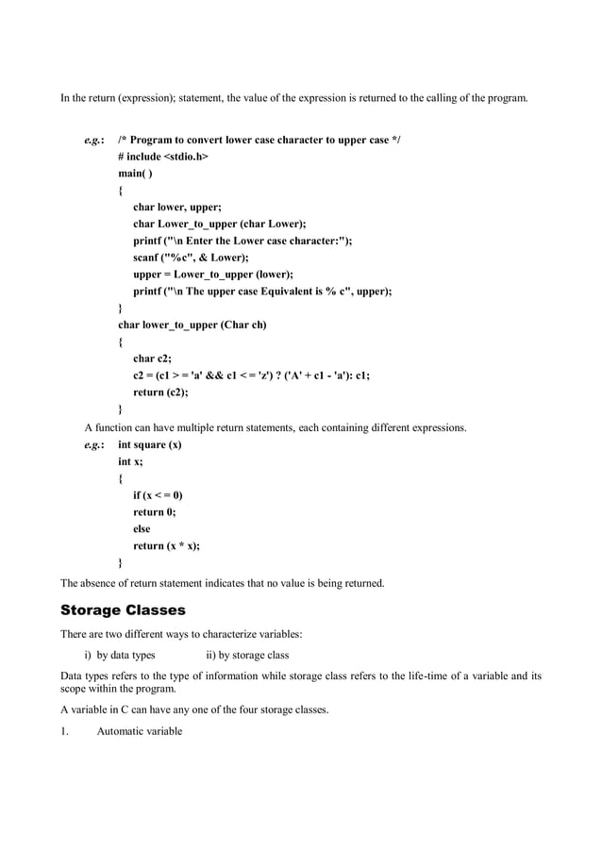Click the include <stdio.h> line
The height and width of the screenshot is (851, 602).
coord(162,157)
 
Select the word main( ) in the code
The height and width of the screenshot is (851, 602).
coord(135,174)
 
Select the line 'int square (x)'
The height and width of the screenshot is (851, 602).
coord(151,444)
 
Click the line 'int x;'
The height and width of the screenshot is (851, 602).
coord(130,461)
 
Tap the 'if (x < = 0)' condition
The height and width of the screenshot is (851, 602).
coord(158,495)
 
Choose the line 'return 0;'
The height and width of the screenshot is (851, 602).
coord(154,512)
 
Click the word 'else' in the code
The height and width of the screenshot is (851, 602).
coord(142,529)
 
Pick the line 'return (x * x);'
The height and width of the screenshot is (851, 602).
coord(166,546)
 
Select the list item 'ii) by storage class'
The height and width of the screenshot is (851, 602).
coord(247,655)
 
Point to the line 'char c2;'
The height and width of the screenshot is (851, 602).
coord(152,359)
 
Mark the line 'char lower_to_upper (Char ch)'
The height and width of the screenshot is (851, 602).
coord(192,325)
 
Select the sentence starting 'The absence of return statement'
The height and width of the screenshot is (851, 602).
coord(223,583)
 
